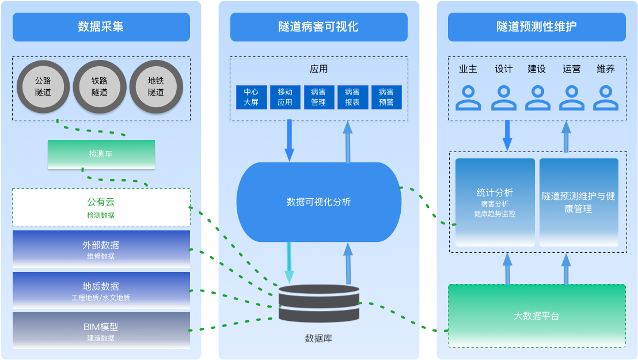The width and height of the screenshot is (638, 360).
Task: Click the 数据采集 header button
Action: (x=101, y=26)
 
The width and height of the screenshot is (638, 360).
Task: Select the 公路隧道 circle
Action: (x=43, y=87)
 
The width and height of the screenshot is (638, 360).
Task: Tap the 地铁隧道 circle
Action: (x=156, y=87)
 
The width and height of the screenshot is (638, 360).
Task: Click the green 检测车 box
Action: (x=101, y=154)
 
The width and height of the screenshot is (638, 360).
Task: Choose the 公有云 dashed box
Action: (x=101, y=207)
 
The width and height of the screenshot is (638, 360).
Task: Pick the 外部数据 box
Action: (x=101, y=249)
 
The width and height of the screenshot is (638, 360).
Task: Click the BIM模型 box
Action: (x=101, y=331)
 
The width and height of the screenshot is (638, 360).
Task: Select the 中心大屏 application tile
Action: (x=251, y=97)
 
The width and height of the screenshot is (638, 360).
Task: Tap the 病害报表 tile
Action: (x=352, y=97)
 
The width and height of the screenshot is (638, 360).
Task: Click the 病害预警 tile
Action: (x=386, y=97)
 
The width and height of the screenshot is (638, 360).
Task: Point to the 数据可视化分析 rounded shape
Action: (x=318, y=202)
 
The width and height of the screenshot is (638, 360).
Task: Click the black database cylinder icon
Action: (x=318, y=304)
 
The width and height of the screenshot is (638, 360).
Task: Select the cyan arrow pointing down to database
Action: (x=289, y=262)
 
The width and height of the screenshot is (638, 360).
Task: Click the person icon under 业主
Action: (x=468, y=97)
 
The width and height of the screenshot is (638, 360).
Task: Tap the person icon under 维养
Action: (x=606, y=97)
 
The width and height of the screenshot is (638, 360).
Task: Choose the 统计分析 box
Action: (x=495, y=202)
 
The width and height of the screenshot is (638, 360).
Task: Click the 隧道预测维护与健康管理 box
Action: (x=579, y=202)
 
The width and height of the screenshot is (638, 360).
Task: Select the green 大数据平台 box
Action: (x=537, y=316)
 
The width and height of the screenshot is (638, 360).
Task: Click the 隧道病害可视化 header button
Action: (x=318, y=26)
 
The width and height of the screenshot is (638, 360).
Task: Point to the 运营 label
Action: (x=572, y=69)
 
